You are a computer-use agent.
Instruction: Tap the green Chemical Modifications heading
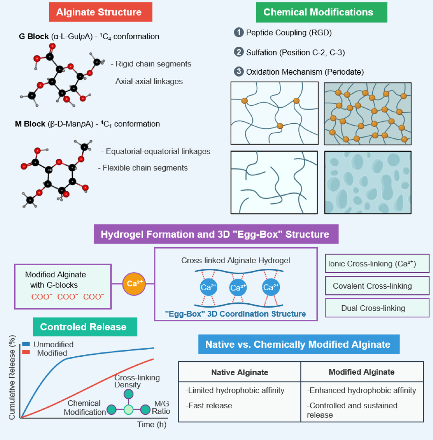318,12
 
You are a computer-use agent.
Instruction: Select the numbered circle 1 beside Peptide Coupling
239,33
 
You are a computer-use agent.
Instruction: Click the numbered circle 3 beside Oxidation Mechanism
239,72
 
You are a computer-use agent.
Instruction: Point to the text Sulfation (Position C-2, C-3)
295,52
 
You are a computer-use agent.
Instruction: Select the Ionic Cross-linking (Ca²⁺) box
377,264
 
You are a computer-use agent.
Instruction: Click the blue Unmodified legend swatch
26,344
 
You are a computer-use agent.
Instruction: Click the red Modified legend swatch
26,352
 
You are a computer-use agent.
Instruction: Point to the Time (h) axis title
152,424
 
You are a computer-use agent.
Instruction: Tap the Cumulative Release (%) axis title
12,377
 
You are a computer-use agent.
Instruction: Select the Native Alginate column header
239,372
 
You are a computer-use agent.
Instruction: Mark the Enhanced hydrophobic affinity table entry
361,390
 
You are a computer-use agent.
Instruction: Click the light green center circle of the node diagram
128,410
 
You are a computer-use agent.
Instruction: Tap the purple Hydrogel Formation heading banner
215,235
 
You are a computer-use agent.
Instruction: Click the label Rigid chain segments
152,64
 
